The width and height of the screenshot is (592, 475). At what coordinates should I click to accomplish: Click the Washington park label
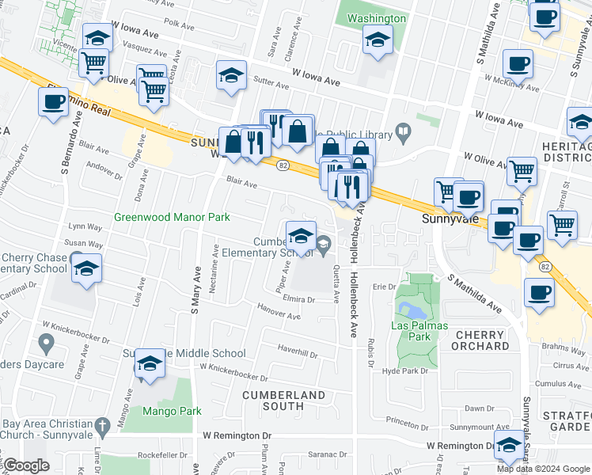coord(377,18)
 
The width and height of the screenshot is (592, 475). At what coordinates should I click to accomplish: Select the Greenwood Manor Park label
coord(172,217)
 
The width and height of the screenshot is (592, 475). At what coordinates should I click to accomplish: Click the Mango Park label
coord(172,411)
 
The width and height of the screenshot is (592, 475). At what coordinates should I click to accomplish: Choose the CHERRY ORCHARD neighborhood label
coord(480,340)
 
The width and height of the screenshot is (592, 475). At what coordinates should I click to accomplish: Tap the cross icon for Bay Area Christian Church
coord(101,427)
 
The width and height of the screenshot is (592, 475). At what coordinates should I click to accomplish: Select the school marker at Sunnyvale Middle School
coord(149,363)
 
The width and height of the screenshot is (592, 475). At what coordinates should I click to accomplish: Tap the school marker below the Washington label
coord(378,39)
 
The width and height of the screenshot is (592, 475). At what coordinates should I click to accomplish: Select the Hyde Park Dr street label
coord(404,370)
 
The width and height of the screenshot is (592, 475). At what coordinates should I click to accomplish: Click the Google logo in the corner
coord(27,465)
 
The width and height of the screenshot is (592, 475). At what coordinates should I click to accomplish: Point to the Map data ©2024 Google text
coord(543,469)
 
